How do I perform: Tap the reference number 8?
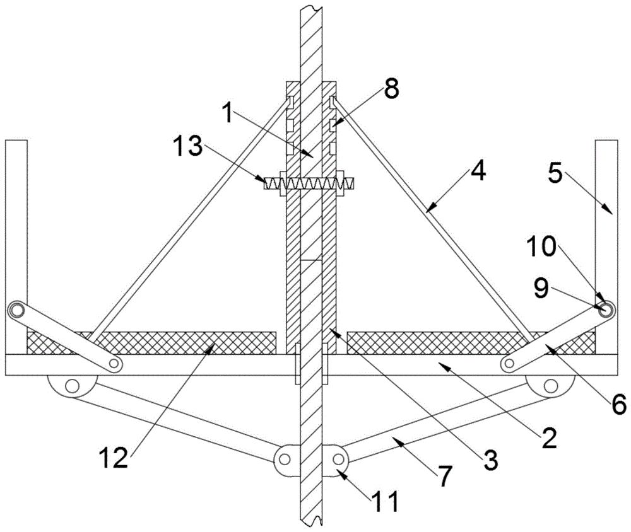391,88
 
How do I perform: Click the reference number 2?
548,436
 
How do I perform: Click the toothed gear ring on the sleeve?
309,183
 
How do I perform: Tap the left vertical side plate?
16,240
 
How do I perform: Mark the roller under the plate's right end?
551,385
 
